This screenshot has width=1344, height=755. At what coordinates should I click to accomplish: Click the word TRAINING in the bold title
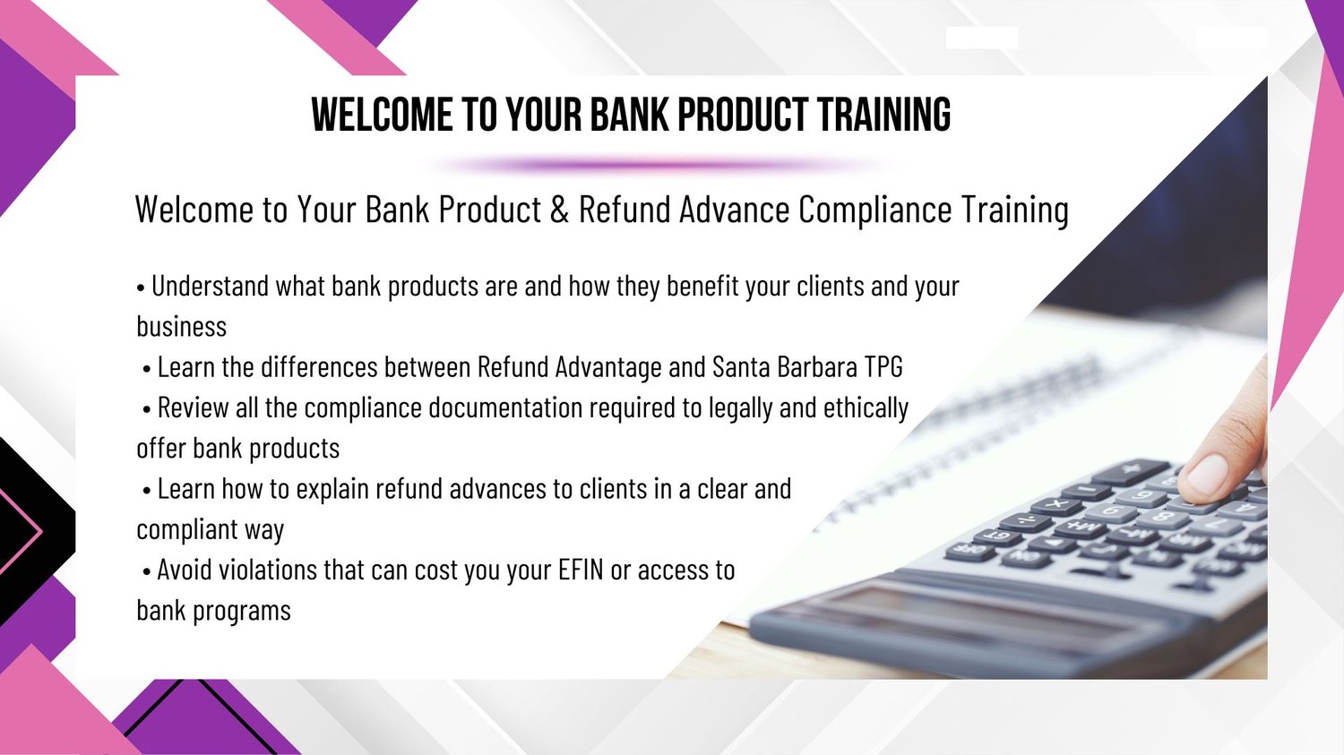point(884,114)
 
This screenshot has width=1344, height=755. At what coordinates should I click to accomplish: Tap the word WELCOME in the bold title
point(382,114)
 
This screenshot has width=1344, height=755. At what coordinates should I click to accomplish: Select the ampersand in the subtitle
point(558,210)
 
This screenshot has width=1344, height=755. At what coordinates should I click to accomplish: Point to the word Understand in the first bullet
point(210,286)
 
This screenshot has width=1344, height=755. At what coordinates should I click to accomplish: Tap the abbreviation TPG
point(883,367)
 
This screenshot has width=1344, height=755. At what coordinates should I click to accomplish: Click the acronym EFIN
point(581,570)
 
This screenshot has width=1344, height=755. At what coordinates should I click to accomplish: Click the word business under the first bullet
point(182,327)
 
